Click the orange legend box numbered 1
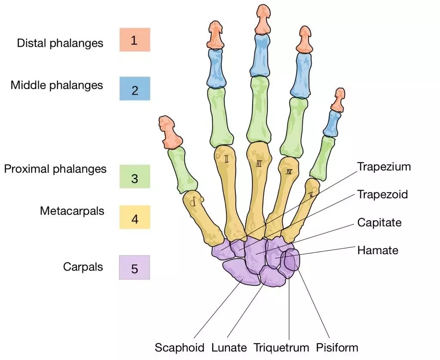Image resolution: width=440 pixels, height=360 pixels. pos(134,40)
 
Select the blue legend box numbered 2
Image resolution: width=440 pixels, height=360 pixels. pos(134,89)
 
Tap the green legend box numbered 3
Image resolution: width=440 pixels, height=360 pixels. pos(134,177)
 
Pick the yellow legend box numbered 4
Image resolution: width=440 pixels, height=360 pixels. pos(134,217)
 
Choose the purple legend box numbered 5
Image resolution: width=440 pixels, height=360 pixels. pos(134,268)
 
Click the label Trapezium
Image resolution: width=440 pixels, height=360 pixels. pos(384,167)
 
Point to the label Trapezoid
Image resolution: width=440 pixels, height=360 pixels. pos(382,194)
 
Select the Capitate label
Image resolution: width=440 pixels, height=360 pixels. pos(379,222)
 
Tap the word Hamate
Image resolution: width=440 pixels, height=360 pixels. pos(378,250)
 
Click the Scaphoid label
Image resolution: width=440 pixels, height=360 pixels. pos(180,347)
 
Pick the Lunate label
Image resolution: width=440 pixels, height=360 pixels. pos(229,347)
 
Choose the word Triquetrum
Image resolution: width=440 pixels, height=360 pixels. pos(281,347)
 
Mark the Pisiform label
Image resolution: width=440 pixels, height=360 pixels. pos(337,347)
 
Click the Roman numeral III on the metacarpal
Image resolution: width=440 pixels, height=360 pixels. pos(259,163)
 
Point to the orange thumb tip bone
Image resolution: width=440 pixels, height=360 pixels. pos(171,131)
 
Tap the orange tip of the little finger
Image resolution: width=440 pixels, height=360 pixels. pos(339,99)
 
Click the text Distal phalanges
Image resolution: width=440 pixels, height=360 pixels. pos(60,43)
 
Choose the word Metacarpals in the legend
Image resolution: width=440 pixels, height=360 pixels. pos(72,211)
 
